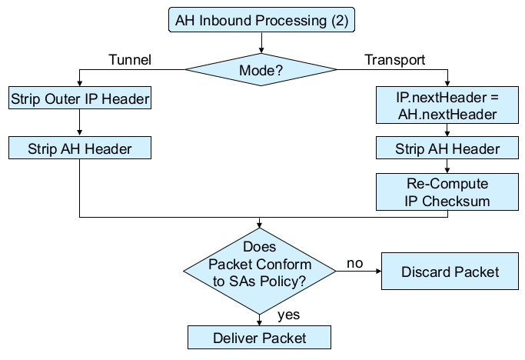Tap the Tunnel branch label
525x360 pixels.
click(131, 59)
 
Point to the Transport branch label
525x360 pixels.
click(395, 59)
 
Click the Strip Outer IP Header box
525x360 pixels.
click(80, 99)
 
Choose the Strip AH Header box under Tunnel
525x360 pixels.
click(80, 148)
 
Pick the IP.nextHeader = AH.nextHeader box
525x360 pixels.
click(447, 106)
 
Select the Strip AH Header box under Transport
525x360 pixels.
click(447, 148)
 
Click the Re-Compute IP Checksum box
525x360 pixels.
click(447, 192)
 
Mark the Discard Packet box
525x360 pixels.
click(450, 272)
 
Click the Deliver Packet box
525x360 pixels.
click(259, 338)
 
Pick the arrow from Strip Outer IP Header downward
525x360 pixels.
click(80, 123)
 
